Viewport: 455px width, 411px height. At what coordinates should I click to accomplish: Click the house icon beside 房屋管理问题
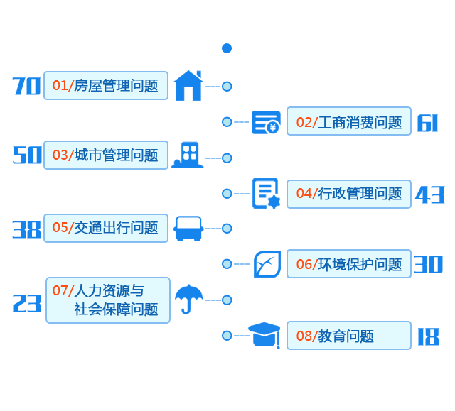[188, 85]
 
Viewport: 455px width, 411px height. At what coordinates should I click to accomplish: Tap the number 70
[27, 87]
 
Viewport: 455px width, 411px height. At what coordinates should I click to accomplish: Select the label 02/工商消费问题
[348, 122]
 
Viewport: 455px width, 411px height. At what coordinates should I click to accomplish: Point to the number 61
[428, 123]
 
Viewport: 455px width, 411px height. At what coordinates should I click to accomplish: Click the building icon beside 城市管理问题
[188, 155]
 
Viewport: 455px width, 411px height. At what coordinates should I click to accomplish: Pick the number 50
[28, 155]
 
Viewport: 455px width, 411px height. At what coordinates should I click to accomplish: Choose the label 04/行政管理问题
[348, 194]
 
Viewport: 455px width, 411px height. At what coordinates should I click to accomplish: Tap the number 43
[429, 194]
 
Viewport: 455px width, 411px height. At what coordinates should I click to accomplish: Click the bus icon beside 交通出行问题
[188, 229]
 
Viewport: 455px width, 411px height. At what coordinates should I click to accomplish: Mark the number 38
[27, 229]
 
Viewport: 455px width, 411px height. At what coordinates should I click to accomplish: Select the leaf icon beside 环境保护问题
[267, 264]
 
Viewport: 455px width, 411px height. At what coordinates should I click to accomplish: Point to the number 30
[429, 264]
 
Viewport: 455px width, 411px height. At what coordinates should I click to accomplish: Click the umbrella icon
[188, 299]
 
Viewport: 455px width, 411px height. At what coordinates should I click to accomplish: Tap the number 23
[27, 304]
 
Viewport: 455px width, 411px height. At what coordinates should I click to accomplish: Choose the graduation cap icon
[264, 335]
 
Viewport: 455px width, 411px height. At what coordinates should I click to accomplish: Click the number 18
[428, 336]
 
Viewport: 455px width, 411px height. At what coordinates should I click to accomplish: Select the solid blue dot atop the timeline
[227, 48]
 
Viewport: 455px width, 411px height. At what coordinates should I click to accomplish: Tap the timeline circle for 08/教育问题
[227, 335]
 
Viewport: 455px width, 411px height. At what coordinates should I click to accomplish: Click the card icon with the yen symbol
[266, 123]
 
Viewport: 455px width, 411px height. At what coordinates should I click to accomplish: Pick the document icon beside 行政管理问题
[266, 194]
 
